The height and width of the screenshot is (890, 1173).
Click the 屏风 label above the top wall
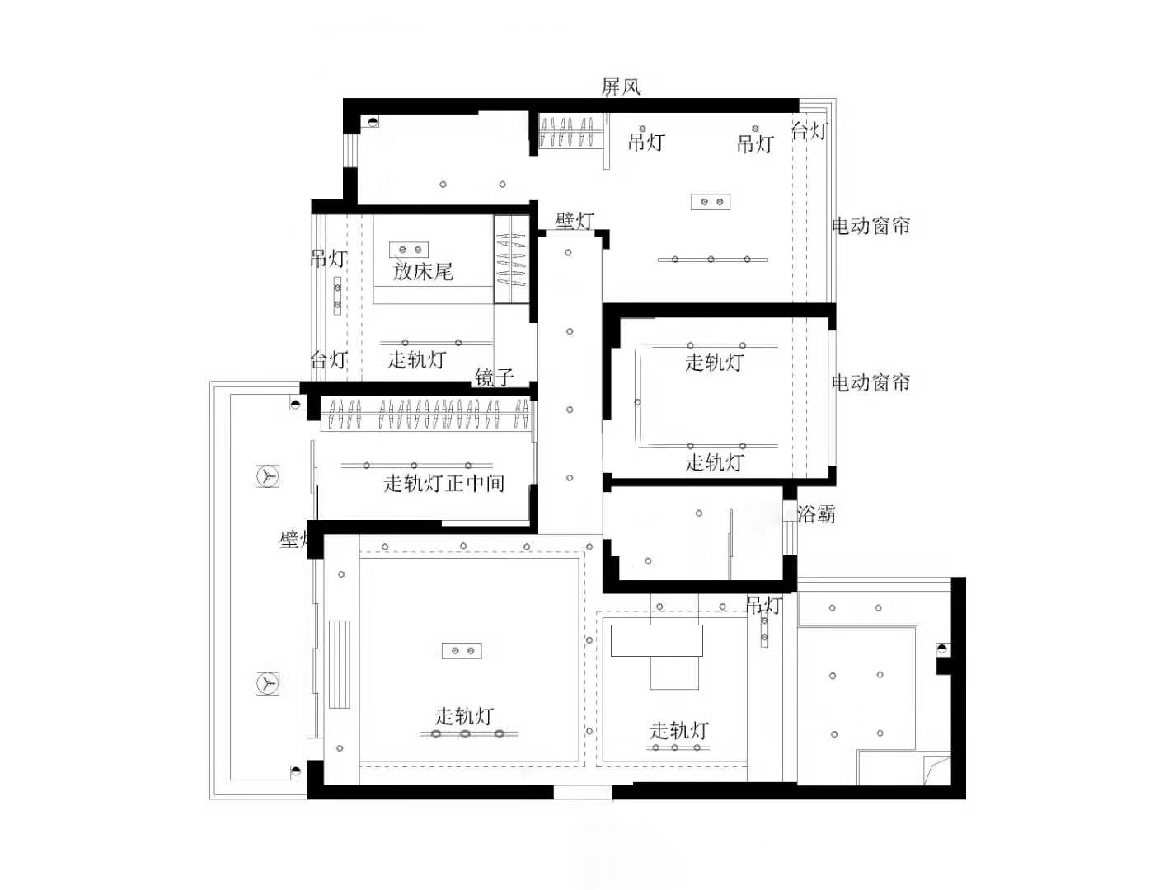pyautogui.click(x=621, y=87)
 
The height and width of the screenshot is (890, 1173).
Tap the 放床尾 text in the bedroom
pyautogui.click(x=423, y=271)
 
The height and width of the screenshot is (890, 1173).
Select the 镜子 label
pyautogui.click(x=495, y=377)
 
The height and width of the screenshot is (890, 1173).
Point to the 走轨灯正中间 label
pyautogui.click(x=443, y=483)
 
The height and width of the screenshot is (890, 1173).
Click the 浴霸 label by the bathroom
pyautogui.click(x=816, y=514)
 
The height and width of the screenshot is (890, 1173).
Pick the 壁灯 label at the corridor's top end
pyautogui.click(x=575, y=221)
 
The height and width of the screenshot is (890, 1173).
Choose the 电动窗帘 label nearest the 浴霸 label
pyautogui.click(x=870, y=382)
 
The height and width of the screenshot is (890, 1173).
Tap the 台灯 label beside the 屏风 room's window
pyautogui.click(x=809, y=130)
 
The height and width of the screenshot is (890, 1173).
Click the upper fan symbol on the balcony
pyautogui.click(x=267, y=476)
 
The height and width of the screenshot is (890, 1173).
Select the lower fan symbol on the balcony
pyautogui.click(x=267, y=683)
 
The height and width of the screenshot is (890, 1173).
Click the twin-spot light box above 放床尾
pyautogui.click(x=409, y=249)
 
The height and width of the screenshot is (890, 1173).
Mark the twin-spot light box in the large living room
pyautogui.click(x=462, y=651)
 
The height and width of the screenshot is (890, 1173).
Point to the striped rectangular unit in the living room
pyautogui.click(x=340, y=664)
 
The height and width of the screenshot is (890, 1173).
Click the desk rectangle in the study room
pyautogui.click(x=656, y=640)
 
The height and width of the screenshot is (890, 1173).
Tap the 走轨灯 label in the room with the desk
pyautogui.click(x=678, y=730)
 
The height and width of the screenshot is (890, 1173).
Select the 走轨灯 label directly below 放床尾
pyautogui.click(x=416, y=359)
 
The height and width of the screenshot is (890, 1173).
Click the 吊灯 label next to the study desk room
pyautogui.click(x=763, y=606)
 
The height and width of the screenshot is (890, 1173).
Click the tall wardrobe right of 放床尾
pyautogui.click(x=511, y=259)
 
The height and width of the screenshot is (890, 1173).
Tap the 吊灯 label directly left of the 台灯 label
pyautogui.click(x=755, y=143)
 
